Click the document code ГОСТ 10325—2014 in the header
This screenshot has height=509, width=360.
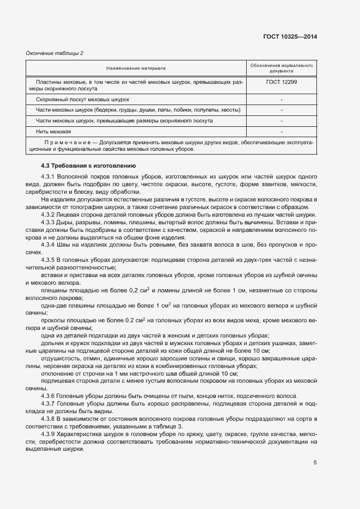pos(291,36)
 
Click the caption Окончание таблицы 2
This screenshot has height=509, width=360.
pos(55,53)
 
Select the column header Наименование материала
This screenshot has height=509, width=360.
pos(136,68)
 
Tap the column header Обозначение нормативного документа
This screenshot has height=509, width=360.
pos(281,68)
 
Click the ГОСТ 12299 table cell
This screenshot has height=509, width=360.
pos(281,82)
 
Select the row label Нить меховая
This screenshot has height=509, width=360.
pos(54,132)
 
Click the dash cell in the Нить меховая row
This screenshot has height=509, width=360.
pos(281,132)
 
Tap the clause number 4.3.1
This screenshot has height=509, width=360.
pos(48,177)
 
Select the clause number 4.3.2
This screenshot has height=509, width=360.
pos(48,215)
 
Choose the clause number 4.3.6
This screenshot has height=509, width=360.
pos(48,396)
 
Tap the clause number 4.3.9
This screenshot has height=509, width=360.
pos(48,434)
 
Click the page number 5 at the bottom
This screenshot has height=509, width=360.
pos(315,463)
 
